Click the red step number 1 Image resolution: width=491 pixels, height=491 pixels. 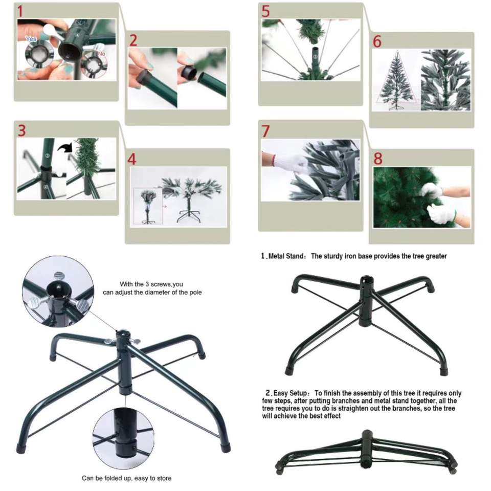pos(20,11)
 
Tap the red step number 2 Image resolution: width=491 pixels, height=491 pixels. pos(133,41)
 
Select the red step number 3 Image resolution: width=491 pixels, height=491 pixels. pos(21,130)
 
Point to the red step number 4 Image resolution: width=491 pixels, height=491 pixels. pos(132,159)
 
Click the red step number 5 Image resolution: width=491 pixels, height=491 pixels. pos(265,12)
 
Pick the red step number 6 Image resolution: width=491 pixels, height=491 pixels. pos(377,41)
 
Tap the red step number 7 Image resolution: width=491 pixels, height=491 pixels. pos(265,131)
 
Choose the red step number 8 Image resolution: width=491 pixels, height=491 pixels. pos(378,159)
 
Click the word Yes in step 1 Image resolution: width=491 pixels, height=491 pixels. pos(31,39)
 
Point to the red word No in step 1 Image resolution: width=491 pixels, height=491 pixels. pos(101,54)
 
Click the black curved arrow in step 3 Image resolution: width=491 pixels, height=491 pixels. pos(65,147)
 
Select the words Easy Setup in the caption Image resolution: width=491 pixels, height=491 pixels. pos(291,393)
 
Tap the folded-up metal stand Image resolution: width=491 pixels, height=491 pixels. pos(366,452)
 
